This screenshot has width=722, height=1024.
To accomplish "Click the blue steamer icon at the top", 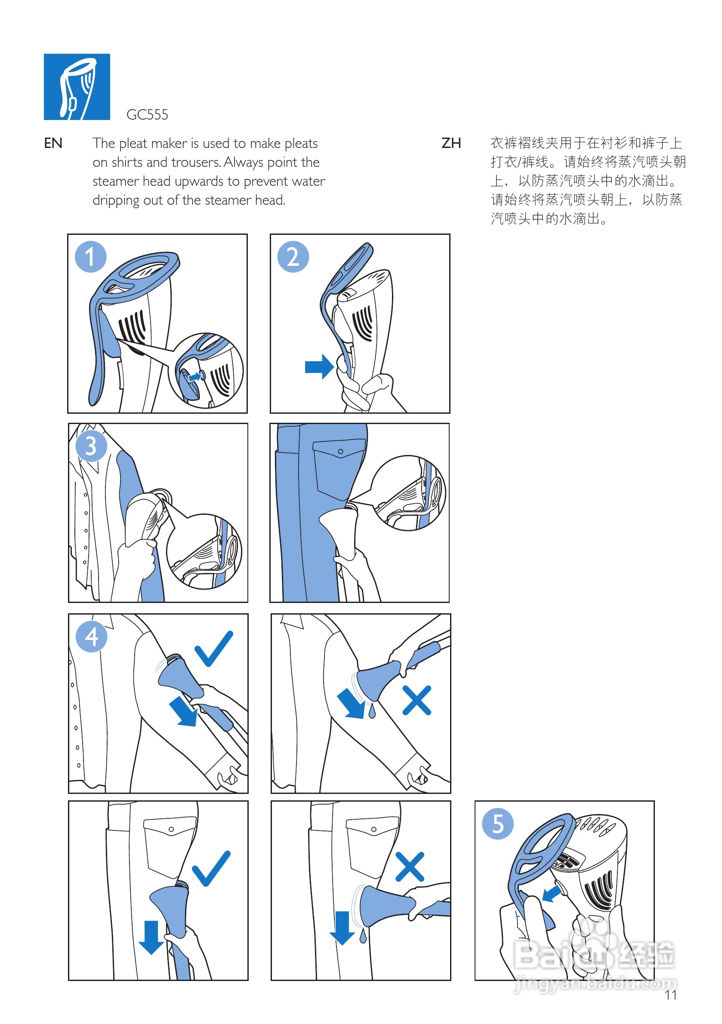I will tap(77, 86).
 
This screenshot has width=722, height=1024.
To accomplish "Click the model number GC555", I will tap(147, 115).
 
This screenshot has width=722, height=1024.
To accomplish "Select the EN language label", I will tap(52, 143).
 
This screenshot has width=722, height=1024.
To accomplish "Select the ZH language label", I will tap(450, 143).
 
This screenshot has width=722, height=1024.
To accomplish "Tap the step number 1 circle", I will tap(91, 257).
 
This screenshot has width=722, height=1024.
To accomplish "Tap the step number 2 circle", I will tap(293, 257).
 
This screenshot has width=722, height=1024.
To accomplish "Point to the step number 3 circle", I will tap(91, 446).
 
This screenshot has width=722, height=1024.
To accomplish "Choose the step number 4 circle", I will tap(92, 637).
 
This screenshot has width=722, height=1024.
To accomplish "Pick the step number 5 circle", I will tap(497, 824).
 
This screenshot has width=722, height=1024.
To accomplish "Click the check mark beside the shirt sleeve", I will tap(214, 649).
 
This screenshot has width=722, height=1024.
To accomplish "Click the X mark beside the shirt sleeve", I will tap(417, 700).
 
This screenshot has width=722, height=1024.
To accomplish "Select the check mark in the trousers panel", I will tap(211, 869).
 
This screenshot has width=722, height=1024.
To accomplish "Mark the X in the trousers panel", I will tap(410, 867).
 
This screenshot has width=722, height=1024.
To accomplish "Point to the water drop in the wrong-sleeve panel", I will tap(372, 711).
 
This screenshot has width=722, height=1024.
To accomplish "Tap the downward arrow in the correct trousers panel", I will tap(151, 937).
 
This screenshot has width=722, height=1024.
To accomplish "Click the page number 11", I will tap(670, 995).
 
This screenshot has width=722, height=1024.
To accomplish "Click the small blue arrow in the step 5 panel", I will tap(552, 893).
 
